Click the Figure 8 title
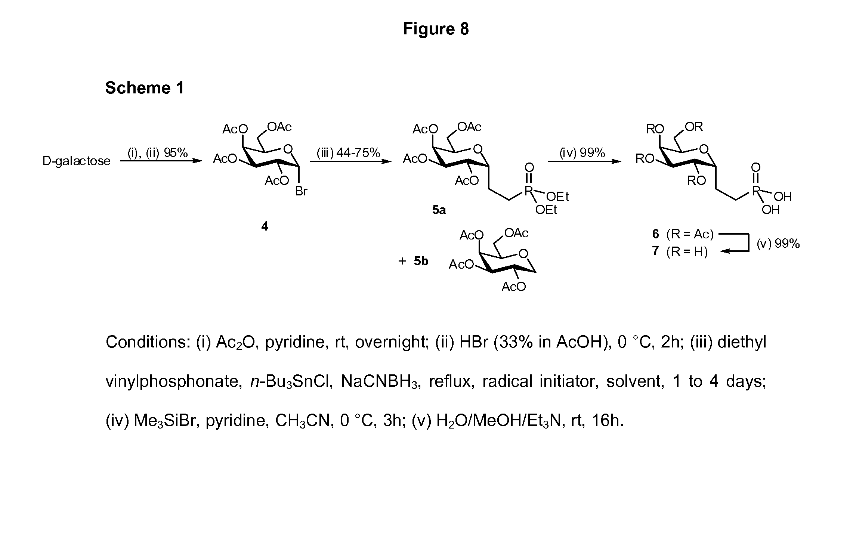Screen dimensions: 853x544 pyautogui.click(x=435, y=29)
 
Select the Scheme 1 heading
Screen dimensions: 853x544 pyautogui.click(x=145, y=88)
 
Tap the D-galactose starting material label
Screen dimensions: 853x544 pyautogui.click(x=77, y=161)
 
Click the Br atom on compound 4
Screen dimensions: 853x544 pyautogui.click(x=301, y=191)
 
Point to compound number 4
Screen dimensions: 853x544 pyautogui.click(x=265, y=226)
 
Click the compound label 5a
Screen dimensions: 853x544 pyautogui.click(x=439, y=210)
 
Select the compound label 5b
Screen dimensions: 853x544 pyautogui.click(x=421, y=261)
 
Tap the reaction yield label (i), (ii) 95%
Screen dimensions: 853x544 pyautogui.click(x=158, y=153)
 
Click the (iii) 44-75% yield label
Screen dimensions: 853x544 pyautogui.click(x=348, y=153)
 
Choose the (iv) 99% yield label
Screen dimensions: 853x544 pyautogui.click(x=582, y=153)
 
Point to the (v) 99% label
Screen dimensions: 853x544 pyautogui.click(x=778, y=244)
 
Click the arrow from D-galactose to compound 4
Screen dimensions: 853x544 pyautogui.click(x=161, y=161)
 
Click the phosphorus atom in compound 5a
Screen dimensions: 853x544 pyautogui.click(x=528, y=191)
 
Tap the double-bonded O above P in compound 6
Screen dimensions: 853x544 pyautogui.click(x=756, y=167)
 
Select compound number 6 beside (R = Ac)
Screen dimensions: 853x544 pyautogui.click(x=655, y=234)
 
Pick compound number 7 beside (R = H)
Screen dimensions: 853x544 pyautogui.click(x=655, y=250)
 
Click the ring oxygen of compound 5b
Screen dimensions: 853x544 pyautogui.click(x=523, y=254)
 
